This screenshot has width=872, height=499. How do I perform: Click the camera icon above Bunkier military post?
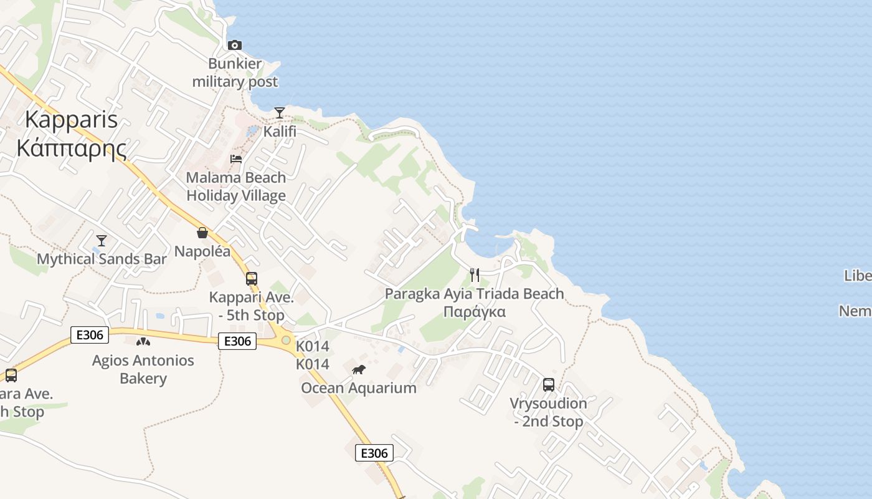click(235, 45)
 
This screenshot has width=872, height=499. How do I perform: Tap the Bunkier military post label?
click(235, 73)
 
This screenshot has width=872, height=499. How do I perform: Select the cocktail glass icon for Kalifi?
click(280, 113)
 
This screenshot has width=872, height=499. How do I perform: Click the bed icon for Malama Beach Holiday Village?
click(236, 159)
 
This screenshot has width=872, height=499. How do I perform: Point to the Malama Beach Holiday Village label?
click(236, 187)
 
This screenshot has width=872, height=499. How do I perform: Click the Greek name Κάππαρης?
click(72, 148)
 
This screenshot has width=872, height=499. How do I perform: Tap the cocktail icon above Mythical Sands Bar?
click(102, 241)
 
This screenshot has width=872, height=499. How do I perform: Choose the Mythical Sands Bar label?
click(102, 259)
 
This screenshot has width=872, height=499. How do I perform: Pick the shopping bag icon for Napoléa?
click(202, 233)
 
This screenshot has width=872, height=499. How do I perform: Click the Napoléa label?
click(202, 251)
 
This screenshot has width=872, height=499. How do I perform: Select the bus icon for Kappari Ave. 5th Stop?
click(252, 279)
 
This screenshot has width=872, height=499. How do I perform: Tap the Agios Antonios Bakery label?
click(143, 369)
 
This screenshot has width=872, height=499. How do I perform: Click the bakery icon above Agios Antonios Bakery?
click(143, 342)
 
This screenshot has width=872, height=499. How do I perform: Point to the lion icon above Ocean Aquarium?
click(359, 370)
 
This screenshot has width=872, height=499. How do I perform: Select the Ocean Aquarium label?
click(359, 388)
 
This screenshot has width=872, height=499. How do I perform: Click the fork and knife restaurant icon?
click(475, 275)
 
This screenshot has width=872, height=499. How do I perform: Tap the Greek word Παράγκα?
click(474, 312)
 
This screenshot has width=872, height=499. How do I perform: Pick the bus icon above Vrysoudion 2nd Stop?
click(549, 385)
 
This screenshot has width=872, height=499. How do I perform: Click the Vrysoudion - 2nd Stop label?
click(549, 412)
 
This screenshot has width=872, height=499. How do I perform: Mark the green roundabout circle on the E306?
click(286, 340)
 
